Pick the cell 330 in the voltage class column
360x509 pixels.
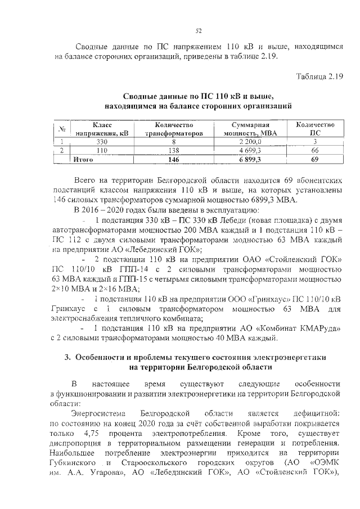(x=102, y=142)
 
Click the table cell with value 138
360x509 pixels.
(x=173, y=150)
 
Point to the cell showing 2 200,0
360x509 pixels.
(x=250, y=142)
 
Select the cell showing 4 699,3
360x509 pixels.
(x=250, y=150)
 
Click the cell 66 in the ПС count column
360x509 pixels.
(x=315, y=150)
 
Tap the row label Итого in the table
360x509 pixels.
(x=83, y=160)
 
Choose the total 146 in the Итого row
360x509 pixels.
(x=173, y=160)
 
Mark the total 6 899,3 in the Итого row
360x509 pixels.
(x=250, y=160)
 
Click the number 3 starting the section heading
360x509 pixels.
(x=66, y=358)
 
